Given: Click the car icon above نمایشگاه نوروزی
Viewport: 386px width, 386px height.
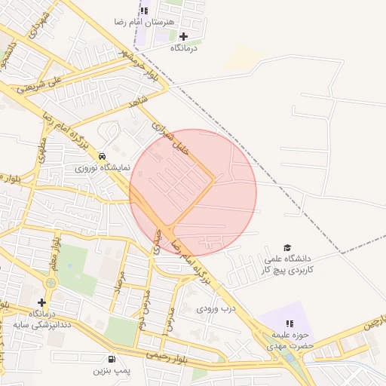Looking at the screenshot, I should pos(103,156).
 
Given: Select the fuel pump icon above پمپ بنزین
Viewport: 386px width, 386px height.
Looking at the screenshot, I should pos(112,360).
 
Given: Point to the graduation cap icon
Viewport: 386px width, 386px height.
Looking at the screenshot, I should pos(286,247).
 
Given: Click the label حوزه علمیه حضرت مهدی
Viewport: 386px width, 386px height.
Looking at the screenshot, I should pos(287,340).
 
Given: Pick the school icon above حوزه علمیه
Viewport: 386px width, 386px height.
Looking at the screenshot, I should pos(289,323).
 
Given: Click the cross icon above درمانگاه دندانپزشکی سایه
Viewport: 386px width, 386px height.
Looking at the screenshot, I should pos(41,302).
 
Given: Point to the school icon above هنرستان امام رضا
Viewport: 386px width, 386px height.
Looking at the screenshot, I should pos(144,11).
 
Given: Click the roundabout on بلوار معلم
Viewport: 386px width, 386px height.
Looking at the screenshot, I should pos(50,283).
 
